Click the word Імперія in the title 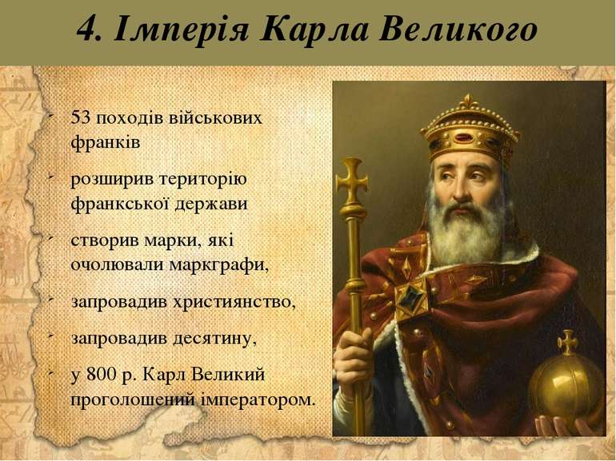tap(182, 30)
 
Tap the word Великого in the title tap(458, 30)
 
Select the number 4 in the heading tap(86, 30)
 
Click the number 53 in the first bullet tap(80, 117)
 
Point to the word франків tap(106, 142)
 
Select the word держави tap(210, 204)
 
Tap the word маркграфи tap(219, 264)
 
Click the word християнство tap(234, 302)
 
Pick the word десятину tap(214, 339)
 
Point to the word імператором tap(258, 399)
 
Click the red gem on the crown tap(466, 138)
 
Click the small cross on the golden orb tap(568, 342)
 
